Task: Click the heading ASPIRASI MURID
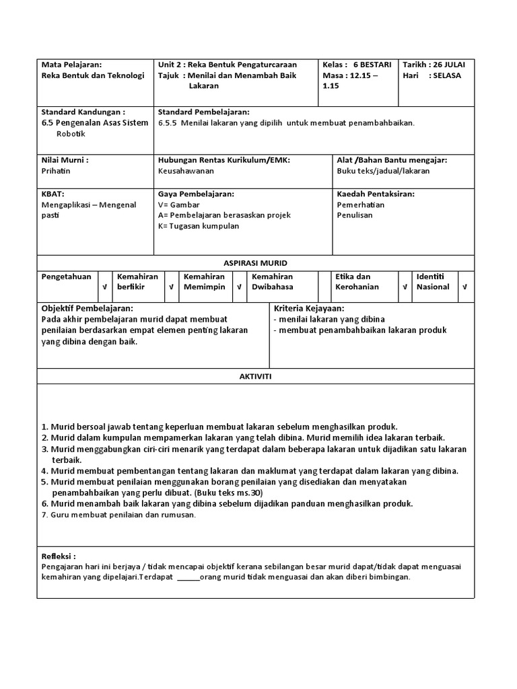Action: click(x=255, y=262)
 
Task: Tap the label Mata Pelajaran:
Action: click(x=71, y=65)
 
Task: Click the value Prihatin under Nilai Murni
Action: click(x=56, y=171)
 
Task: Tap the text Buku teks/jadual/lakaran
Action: click(x=383, y=171)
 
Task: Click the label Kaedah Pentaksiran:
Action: click(x=376, y=194)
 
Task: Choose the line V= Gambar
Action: click(x=179, y=205)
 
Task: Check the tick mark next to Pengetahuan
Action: click(x=104, y=287)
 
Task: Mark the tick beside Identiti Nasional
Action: click(x=464, y=287)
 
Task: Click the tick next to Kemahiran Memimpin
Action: click(x=238, y=287)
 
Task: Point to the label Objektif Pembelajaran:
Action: click(x=87, y=308)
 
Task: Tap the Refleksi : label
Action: click(x=59, y=556)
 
